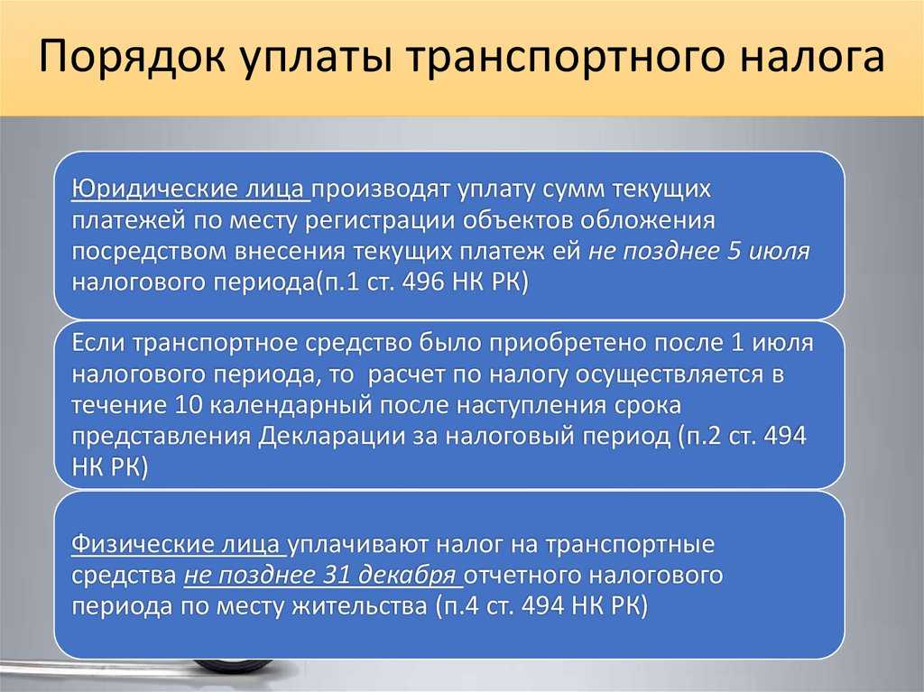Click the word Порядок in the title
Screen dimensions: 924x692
(x=132, y=56)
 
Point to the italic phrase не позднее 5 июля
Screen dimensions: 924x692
(x=699, y=251)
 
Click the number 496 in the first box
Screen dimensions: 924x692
(x=422, y=281)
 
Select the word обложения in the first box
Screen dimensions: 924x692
(x=648, y=220)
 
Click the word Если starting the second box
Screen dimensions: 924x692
(x=97, y=343)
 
